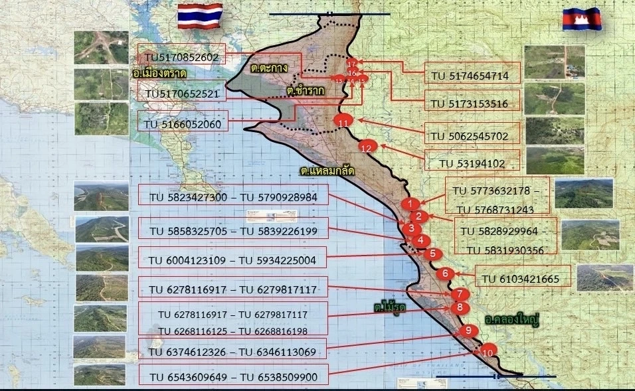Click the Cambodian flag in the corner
click(582, 19)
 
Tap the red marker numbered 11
click(343, 122)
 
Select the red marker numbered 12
click(367, 148)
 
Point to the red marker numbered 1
click(411, 203)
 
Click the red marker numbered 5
click(432, 253)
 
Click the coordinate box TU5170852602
click(181, 58)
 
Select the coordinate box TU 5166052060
click(181, 123)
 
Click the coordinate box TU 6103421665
click(523, 278)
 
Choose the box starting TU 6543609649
click(232, 378)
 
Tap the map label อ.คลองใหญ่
click(511, 321)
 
